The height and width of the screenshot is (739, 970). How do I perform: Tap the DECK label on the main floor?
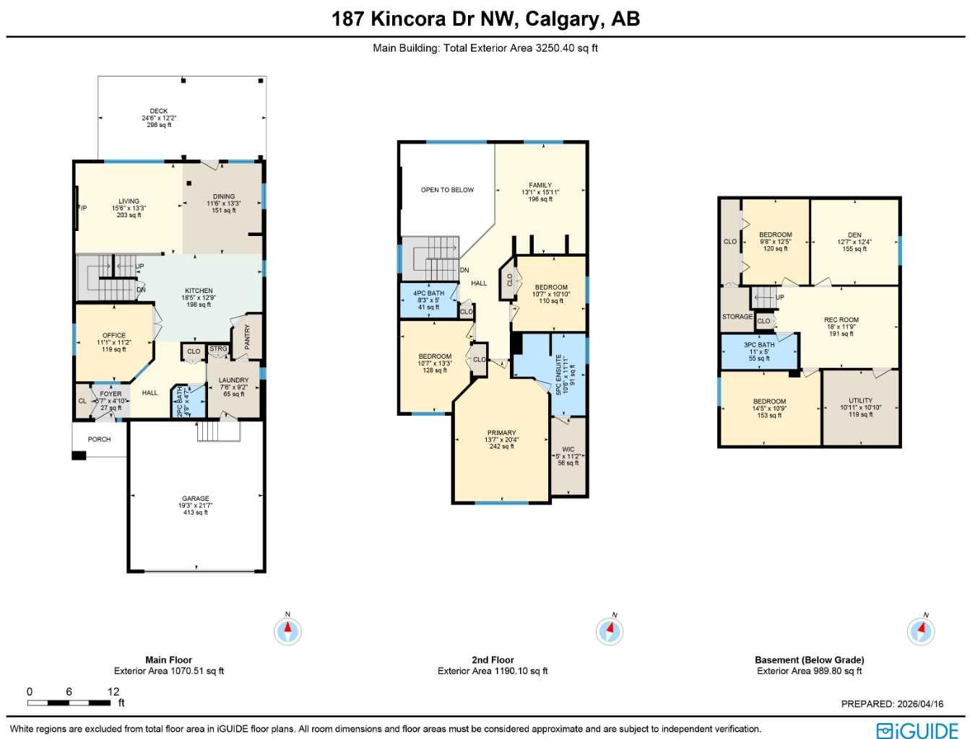point(159,111)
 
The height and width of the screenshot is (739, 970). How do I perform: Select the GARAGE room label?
point(196,498)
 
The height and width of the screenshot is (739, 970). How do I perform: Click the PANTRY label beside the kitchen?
point(248,337)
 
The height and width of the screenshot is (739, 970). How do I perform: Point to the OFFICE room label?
point(114,336)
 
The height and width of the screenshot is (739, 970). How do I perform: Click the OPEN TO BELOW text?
point(447,190)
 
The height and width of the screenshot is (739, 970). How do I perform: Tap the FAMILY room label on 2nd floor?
point(540,185)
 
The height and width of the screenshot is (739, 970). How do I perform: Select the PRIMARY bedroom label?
point(501,433)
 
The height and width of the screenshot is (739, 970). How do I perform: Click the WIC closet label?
point(568,449)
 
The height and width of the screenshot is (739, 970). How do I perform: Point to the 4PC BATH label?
point(428,294)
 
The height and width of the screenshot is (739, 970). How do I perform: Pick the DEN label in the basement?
point(854,235)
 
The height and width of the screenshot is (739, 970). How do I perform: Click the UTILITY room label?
point(860,401)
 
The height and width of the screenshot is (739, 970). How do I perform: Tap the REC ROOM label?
point(841,320)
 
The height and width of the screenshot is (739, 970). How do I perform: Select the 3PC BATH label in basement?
point(759,345)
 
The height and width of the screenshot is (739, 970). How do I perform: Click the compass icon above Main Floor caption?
point(287,631)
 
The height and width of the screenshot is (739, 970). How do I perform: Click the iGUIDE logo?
point(917,730)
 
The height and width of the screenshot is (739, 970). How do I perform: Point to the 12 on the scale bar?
point(113,691)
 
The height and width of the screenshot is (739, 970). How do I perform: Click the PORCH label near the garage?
point(100,439)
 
